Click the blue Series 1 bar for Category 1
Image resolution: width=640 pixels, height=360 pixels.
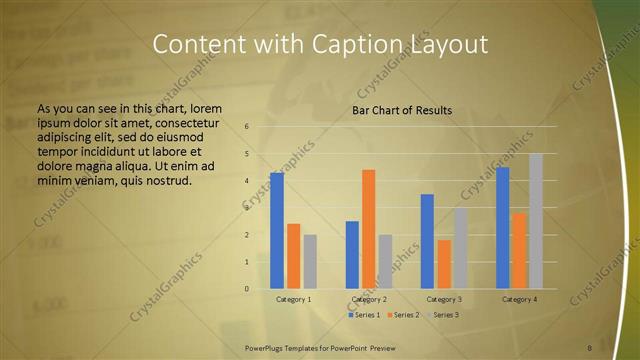277,231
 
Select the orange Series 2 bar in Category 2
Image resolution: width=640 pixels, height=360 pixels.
368,229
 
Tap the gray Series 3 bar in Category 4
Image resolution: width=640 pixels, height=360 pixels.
536,221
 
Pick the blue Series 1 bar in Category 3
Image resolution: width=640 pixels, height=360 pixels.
427,241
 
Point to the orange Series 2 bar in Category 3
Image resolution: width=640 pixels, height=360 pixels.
444,264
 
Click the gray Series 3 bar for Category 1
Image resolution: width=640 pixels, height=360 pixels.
310,262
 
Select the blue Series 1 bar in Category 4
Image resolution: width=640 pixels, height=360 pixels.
503,228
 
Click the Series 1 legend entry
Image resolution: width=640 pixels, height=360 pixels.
364,315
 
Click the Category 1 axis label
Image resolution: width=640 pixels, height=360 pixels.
293,299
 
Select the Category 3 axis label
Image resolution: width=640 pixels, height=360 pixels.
444,299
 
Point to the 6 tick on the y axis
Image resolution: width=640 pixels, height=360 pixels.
246,127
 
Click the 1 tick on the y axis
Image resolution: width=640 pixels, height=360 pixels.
246,262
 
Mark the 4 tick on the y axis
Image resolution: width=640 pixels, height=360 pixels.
246,181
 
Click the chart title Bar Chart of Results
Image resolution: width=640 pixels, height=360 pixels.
401,110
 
